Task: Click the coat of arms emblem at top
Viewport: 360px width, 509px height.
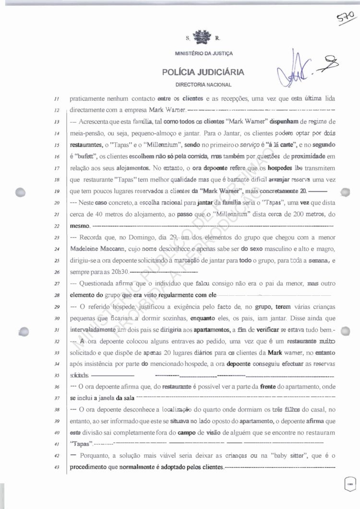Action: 201,36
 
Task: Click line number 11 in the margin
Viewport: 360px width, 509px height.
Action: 56,99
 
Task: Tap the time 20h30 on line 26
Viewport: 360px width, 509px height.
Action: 119,272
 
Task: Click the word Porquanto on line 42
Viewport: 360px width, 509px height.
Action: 96,454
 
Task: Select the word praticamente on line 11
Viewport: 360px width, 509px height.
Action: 89,99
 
